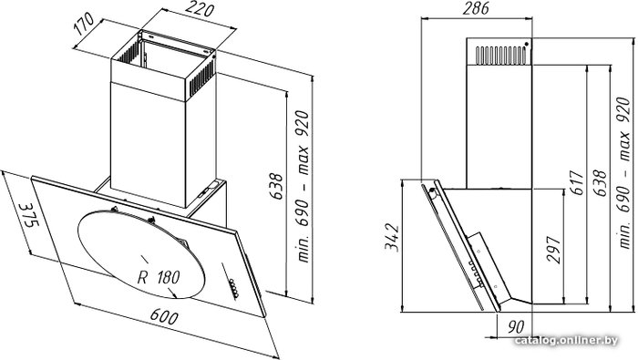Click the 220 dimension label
point(201,8)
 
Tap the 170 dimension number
point(84,25)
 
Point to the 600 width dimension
point(163,317)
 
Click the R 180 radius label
point(159,277)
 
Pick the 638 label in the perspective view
point(276,186)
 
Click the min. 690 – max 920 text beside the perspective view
point(304,186)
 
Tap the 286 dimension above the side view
point(476,8)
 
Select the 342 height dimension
point(393,237)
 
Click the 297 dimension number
point(554,250)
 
